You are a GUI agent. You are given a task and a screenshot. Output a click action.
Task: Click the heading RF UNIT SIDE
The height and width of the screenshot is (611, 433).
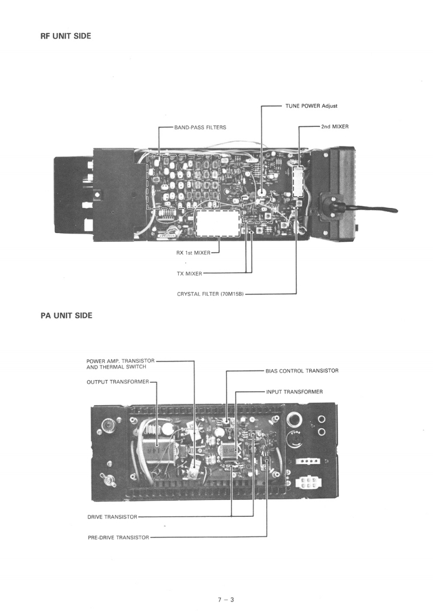(65, 36)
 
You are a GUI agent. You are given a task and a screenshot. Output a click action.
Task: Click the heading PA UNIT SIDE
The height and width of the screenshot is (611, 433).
(66, 316)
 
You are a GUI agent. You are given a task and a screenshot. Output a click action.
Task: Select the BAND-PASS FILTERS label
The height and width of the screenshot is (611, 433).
(200, 127)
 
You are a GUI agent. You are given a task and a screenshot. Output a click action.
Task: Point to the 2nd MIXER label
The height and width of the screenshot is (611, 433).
(335, 126)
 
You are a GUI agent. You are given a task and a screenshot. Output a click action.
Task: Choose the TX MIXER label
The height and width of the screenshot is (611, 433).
(186, 273)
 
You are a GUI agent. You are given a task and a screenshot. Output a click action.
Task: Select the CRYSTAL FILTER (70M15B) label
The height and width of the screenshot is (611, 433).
(211, 294)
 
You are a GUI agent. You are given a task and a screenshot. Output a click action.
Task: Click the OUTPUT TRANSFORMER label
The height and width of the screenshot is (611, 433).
(117, 382)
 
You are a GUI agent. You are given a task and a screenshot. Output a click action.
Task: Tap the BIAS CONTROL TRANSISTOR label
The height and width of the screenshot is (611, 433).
(302, 371)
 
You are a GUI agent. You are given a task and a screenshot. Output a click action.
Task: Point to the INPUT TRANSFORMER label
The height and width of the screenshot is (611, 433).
(294, 392)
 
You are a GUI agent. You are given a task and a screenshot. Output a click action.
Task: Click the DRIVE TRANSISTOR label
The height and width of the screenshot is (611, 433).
(112, 517)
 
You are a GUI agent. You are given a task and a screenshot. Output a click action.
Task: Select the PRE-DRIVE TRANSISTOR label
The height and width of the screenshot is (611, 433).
(118, 537)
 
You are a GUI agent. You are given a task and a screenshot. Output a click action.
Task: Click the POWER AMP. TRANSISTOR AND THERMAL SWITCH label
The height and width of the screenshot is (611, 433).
(120, 363)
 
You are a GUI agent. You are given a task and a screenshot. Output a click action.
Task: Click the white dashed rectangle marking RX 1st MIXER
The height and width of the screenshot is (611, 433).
(218, 223)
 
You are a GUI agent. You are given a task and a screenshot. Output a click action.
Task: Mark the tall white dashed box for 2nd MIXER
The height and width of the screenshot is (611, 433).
(297, 182)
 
